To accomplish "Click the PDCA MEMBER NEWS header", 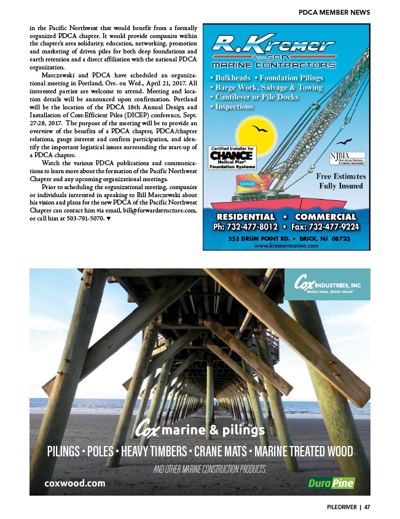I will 334,12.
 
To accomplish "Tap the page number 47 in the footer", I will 367,507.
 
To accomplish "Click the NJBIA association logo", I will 347,157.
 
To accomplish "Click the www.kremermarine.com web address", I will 286,245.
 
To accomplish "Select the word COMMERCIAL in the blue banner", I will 325,216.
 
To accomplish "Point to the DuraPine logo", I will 331,483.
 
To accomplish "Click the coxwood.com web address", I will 74,483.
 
